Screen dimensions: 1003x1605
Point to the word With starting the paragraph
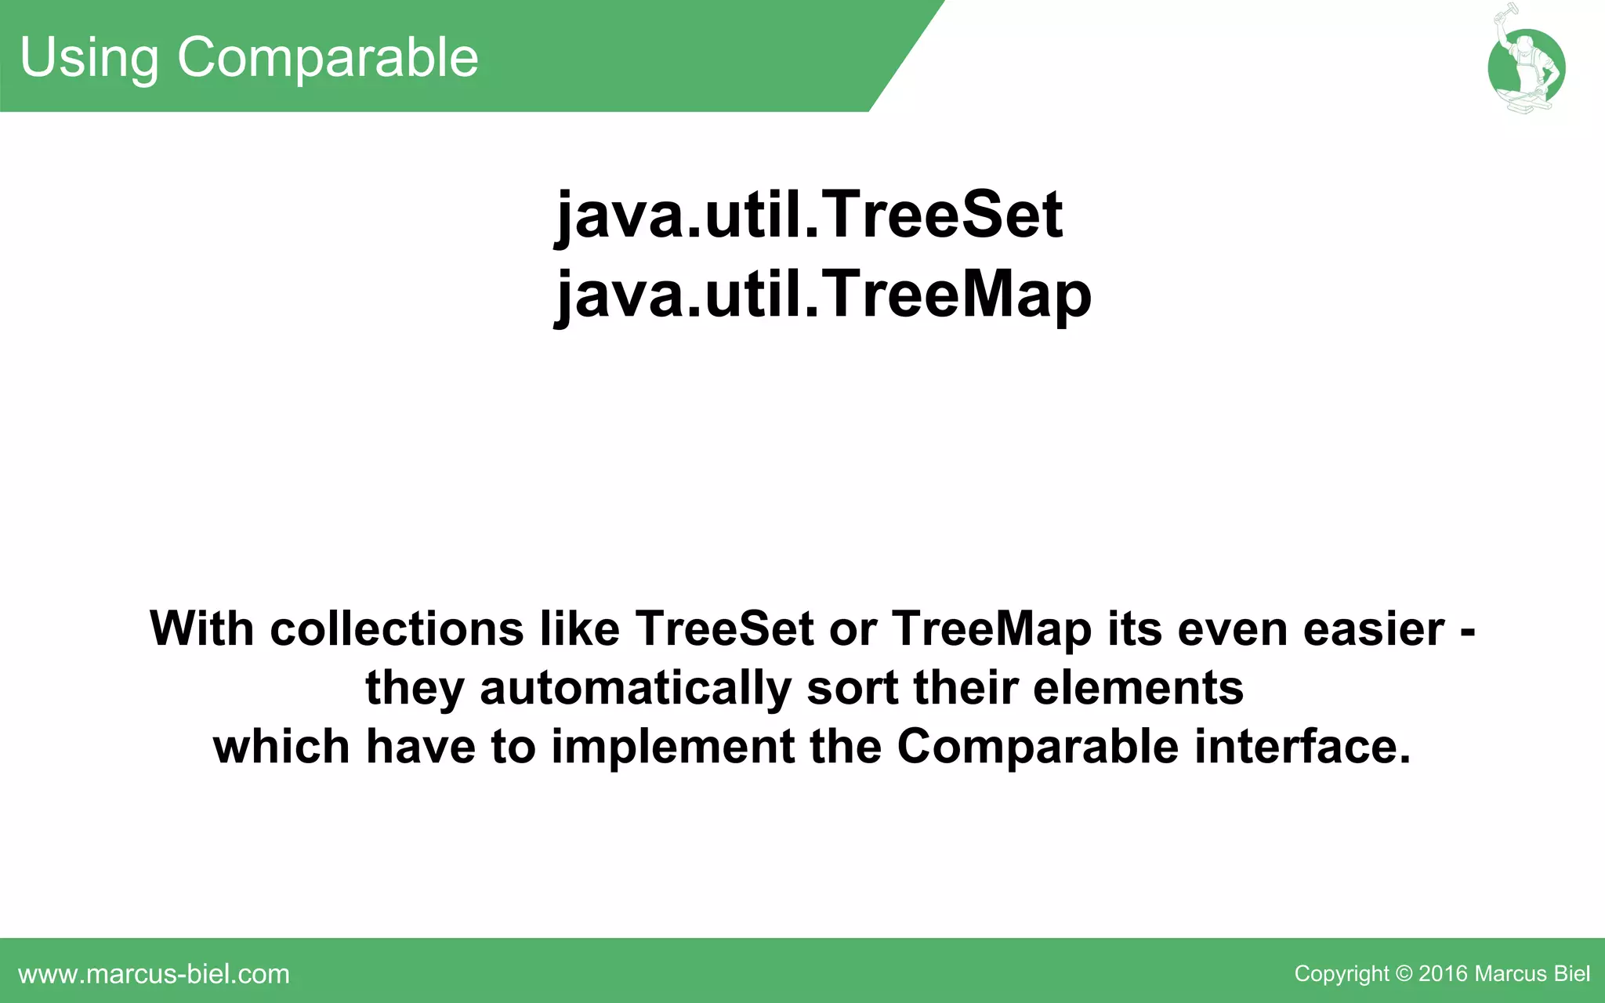(201, 628)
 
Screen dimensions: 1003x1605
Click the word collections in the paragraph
(397, 628)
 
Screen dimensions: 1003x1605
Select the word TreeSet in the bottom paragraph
(724, 628)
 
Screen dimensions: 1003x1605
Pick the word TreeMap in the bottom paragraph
(991, 628)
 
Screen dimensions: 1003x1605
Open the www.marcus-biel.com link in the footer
(154, 974)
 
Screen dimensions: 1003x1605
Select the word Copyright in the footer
(1341, 974)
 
